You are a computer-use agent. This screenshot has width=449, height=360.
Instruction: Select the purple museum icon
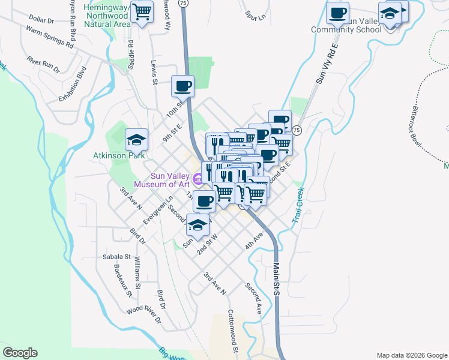pos(197,178)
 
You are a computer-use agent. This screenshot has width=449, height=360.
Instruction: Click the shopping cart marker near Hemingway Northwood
pos(142,12)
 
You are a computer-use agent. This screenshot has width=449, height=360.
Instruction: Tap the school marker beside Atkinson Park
pos(136,140)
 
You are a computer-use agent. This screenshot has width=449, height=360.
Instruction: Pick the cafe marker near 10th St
pos(182,86)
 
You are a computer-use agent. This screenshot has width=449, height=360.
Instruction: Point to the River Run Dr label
pos(43,65)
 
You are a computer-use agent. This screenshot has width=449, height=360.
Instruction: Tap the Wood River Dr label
pos(143,316)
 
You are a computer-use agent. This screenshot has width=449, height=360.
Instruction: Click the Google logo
pos(20,353)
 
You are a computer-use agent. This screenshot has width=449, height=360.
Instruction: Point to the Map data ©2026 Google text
pos(412,355)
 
